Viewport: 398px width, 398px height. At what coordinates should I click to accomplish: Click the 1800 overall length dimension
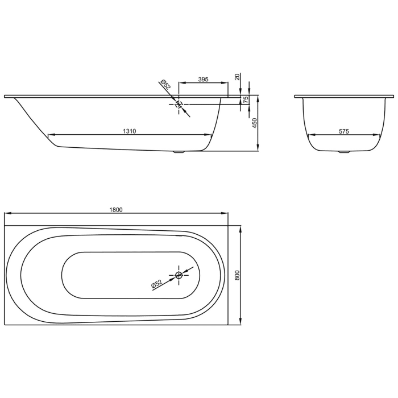click(116, 209)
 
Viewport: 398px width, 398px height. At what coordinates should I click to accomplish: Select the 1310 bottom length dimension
click(129, 131)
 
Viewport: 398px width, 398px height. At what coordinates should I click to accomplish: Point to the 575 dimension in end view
click(343, 131)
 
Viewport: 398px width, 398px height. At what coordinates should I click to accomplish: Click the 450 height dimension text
click(255, 123)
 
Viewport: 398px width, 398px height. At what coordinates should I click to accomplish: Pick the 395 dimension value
click(204, 79)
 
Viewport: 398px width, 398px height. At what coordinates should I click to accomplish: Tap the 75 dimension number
click(246, 100)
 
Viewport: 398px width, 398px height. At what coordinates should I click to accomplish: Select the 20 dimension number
click(237, 76)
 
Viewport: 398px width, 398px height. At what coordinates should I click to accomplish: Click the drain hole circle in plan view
click(179, 275)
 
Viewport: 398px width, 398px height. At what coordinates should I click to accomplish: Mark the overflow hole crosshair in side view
click(179, 104)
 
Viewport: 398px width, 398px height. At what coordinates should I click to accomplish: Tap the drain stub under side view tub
click(180, 152)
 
